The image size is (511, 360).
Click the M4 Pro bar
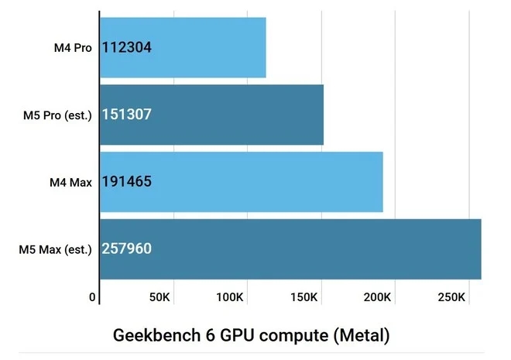click(x=183, y=47)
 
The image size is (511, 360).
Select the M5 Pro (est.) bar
click(x=211, y=115)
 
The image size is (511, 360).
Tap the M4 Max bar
click(x=242, y=182)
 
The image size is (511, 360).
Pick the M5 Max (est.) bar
click(x=290, y=249)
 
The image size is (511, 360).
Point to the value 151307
click(x=127, y=115)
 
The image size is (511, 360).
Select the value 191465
click(x=127, y=183)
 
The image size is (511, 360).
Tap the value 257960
click(x=127, y=249)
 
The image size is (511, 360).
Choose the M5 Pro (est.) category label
click(x=58, y=115)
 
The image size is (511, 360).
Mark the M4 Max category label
click(x=70, y=183)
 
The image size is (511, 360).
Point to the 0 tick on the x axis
click(x=92, y=297)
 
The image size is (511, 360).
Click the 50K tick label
click(x=160, y=297)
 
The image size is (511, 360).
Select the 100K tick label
click(x=231, y=297)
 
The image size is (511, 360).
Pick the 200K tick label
click(x=378, y=297)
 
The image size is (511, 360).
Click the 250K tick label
click(x=451, y=297)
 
